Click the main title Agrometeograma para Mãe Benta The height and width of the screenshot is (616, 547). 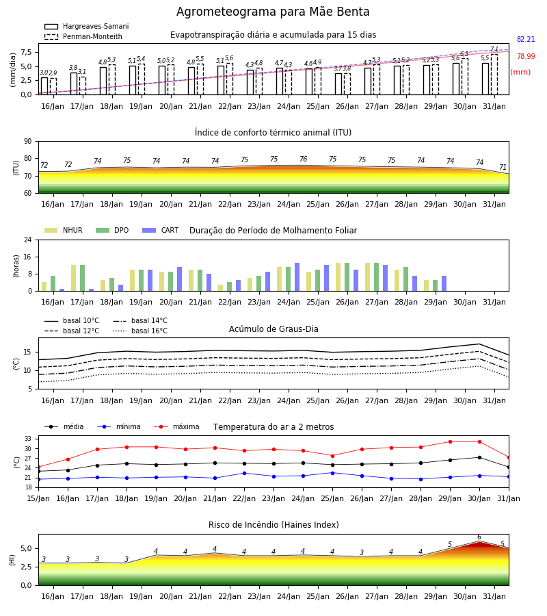pos(273,12)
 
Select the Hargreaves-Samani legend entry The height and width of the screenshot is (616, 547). pos(86,26)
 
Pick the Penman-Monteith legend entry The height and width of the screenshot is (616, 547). pos(83,36)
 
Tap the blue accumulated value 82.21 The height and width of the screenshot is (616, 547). pos(526,39)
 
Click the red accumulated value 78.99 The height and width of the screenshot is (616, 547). pos(526,56)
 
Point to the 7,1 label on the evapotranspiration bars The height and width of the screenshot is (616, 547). pos(494,49)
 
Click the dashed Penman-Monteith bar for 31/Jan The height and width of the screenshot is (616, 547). pos(494,75)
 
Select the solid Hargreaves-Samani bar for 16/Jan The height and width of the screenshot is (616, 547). pos(44,86)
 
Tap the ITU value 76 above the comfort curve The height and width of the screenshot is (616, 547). pos(304,159)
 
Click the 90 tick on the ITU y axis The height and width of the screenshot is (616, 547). pos(27,142)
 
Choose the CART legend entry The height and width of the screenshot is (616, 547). pos(161,230)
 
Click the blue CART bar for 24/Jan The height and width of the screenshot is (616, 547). pos(297,277)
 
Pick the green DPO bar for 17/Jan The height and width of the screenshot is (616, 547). pos(83,278)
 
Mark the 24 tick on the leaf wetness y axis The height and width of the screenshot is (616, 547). pos(28,240)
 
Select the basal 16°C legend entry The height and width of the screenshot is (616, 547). pos(140,331)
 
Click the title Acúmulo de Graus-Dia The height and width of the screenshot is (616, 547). pos(273,329)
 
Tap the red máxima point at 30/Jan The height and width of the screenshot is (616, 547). pos(479,442)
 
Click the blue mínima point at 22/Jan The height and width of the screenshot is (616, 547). pos(245,474)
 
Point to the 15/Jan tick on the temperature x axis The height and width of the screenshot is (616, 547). pos(38,498)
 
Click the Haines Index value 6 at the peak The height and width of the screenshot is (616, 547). pos(479,537)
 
